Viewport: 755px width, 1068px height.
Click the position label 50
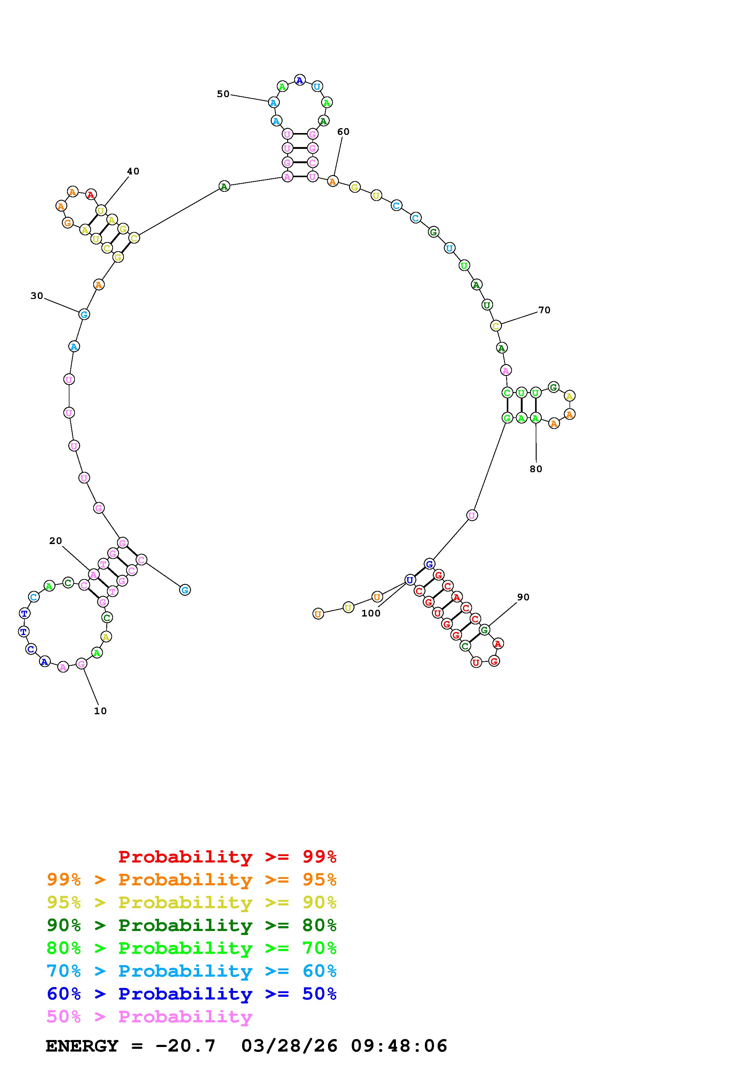[223, 94]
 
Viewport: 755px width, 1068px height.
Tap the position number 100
[371, 613]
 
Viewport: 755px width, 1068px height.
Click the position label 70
[544, 310]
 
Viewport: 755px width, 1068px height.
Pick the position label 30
[37, 296]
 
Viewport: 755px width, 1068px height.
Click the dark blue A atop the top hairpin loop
[300, 80]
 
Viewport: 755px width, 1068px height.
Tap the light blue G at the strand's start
[185, 590]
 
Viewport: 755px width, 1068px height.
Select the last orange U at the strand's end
[318, 614]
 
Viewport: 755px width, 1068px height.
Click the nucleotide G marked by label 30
[84, 314]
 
